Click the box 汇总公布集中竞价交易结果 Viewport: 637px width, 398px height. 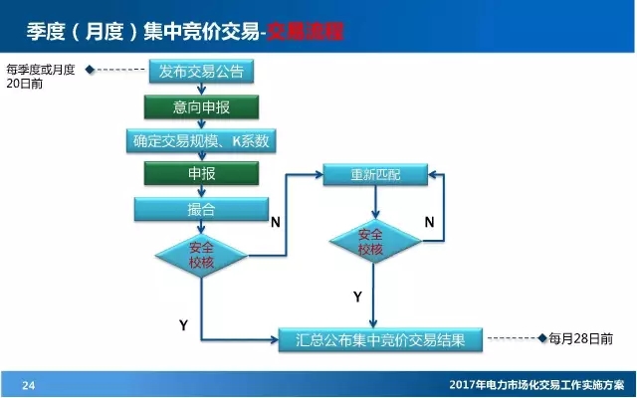click(x=380, y=339)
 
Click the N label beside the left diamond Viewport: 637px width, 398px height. click(x=275, y=222)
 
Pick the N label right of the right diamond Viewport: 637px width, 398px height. click(x=429, y=222)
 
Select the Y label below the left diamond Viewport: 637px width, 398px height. click(x=183, y=325)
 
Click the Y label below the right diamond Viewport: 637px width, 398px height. click(x=356, y=296)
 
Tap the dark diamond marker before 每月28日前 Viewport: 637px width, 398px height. click(x=541, y=339)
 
